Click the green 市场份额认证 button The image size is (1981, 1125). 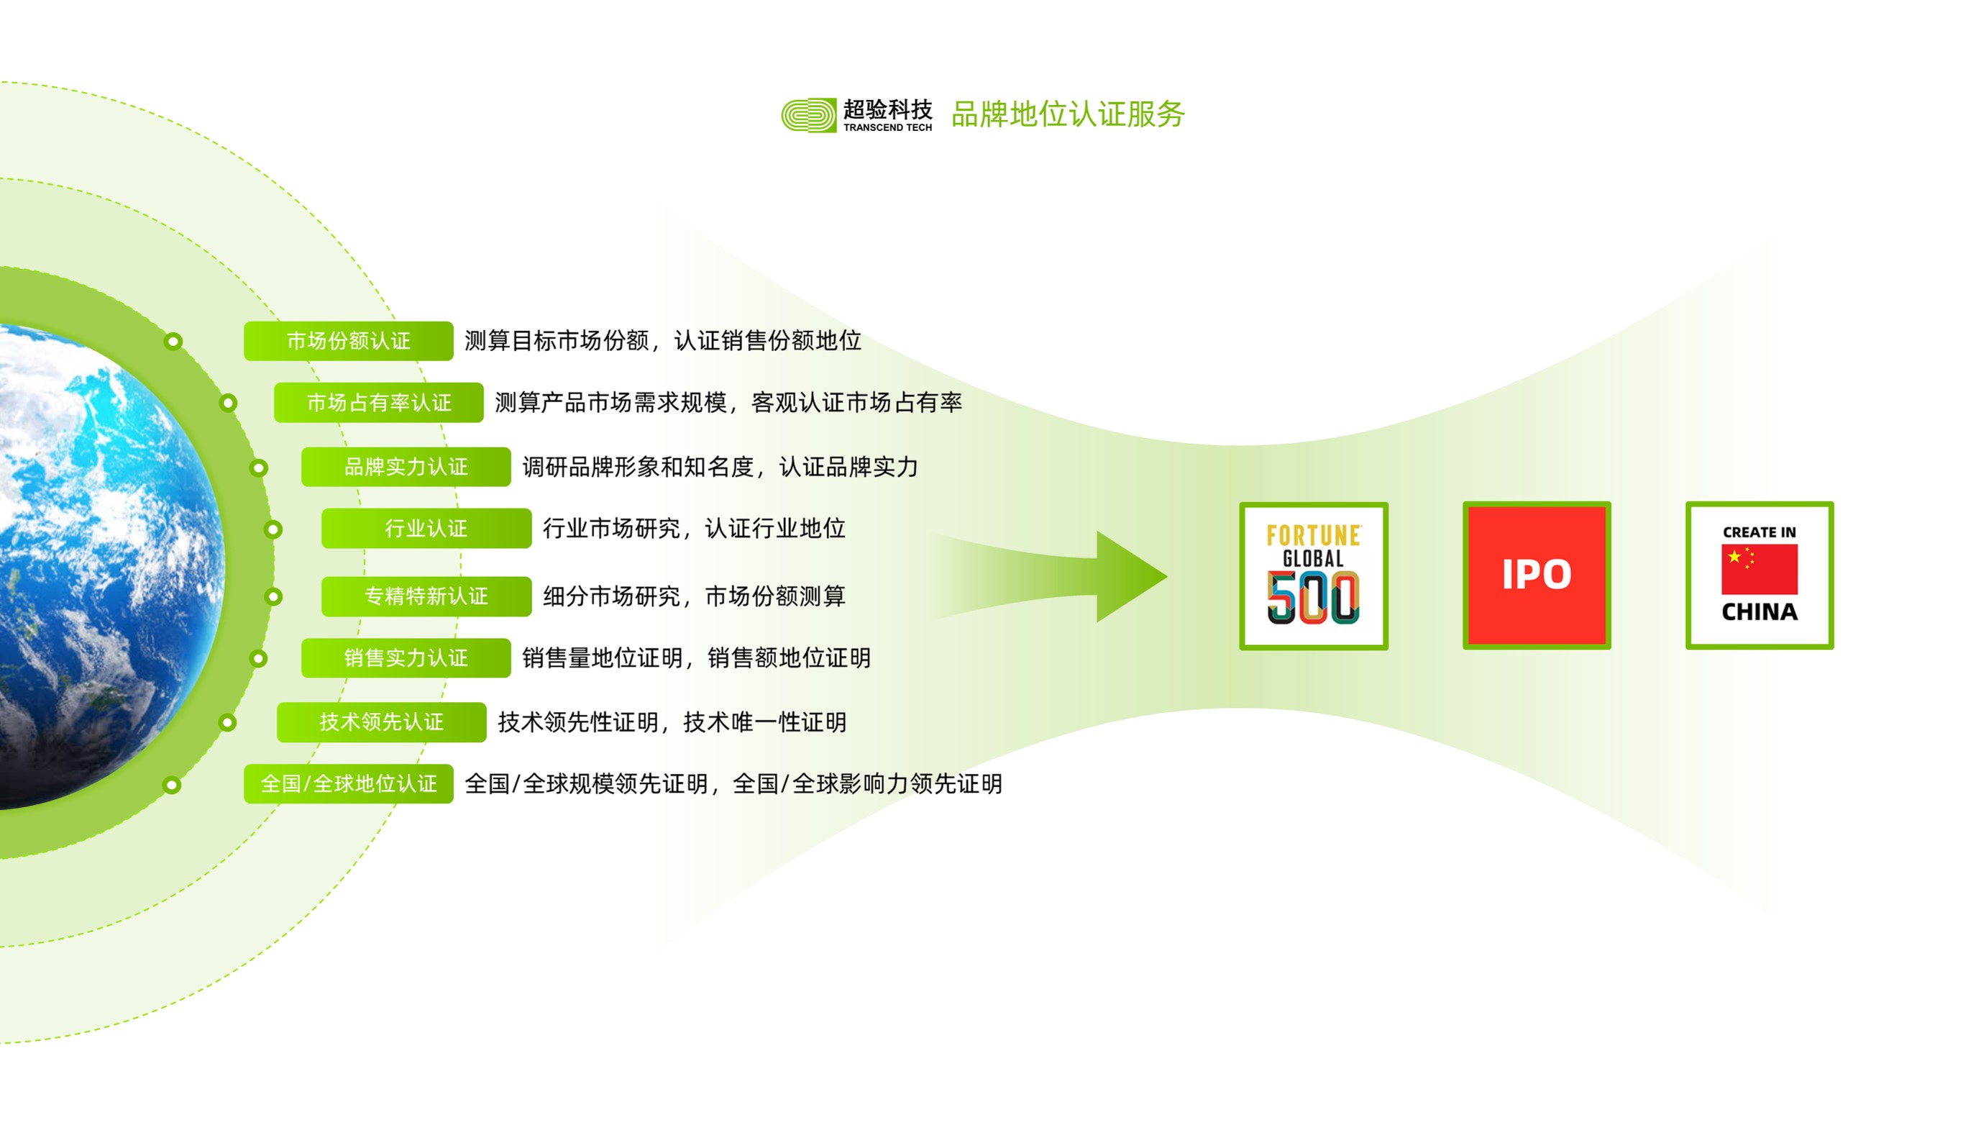point(348,341)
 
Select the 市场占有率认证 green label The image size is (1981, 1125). point(378,403)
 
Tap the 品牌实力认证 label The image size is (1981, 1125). point(406,467)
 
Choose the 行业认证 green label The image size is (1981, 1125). point(426,529)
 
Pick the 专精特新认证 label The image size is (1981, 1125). point(426,596)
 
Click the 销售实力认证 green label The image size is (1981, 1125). point(406,658)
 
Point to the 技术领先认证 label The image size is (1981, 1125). point(382,722)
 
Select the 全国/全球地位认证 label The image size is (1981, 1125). point(348,784)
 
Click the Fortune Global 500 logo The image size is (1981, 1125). point(1314,575)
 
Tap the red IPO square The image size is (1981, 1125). point(1537,575)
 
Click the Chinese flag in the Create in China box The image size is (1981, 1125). point(1760,570)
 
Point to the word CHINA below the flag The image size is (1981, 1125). point(1760,612)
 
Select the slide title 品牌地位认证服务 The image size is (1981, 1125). point(1068,114)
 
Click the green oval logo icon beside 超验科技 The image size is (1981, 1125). point(808,115)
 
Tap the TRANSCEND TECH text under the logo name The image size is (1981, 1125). point(887,127)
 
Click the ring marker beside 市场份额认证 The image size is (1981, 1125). point(174,342)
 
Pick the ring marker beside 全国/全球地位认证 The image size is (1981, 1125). point(173,785)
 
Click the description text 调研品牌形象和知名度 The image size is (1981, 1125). point(638,467)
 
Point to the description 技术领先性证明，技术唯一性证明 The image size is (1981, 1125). point(672,722)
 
